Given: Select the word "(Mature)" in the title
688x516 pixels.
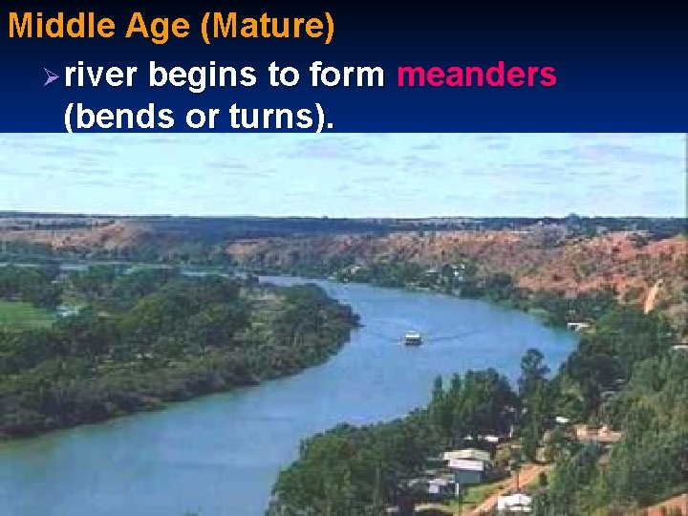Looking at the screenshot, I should point(268,26).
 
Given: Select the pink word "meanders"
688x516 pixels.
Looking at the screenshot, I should point(475,74).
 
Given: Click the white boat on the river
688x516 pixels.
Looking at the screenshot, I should point(413,338).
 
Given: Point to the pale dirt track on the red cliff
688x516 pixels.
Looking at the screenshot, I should point(652,296).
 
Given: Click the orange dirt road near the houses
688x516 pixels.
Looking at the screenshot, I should point(517,483).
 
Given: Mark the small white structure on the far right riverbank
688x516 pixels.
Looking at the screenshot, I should point(577,327).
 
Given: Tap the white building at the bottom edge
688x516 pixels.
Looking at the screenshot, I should point(515,503).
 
